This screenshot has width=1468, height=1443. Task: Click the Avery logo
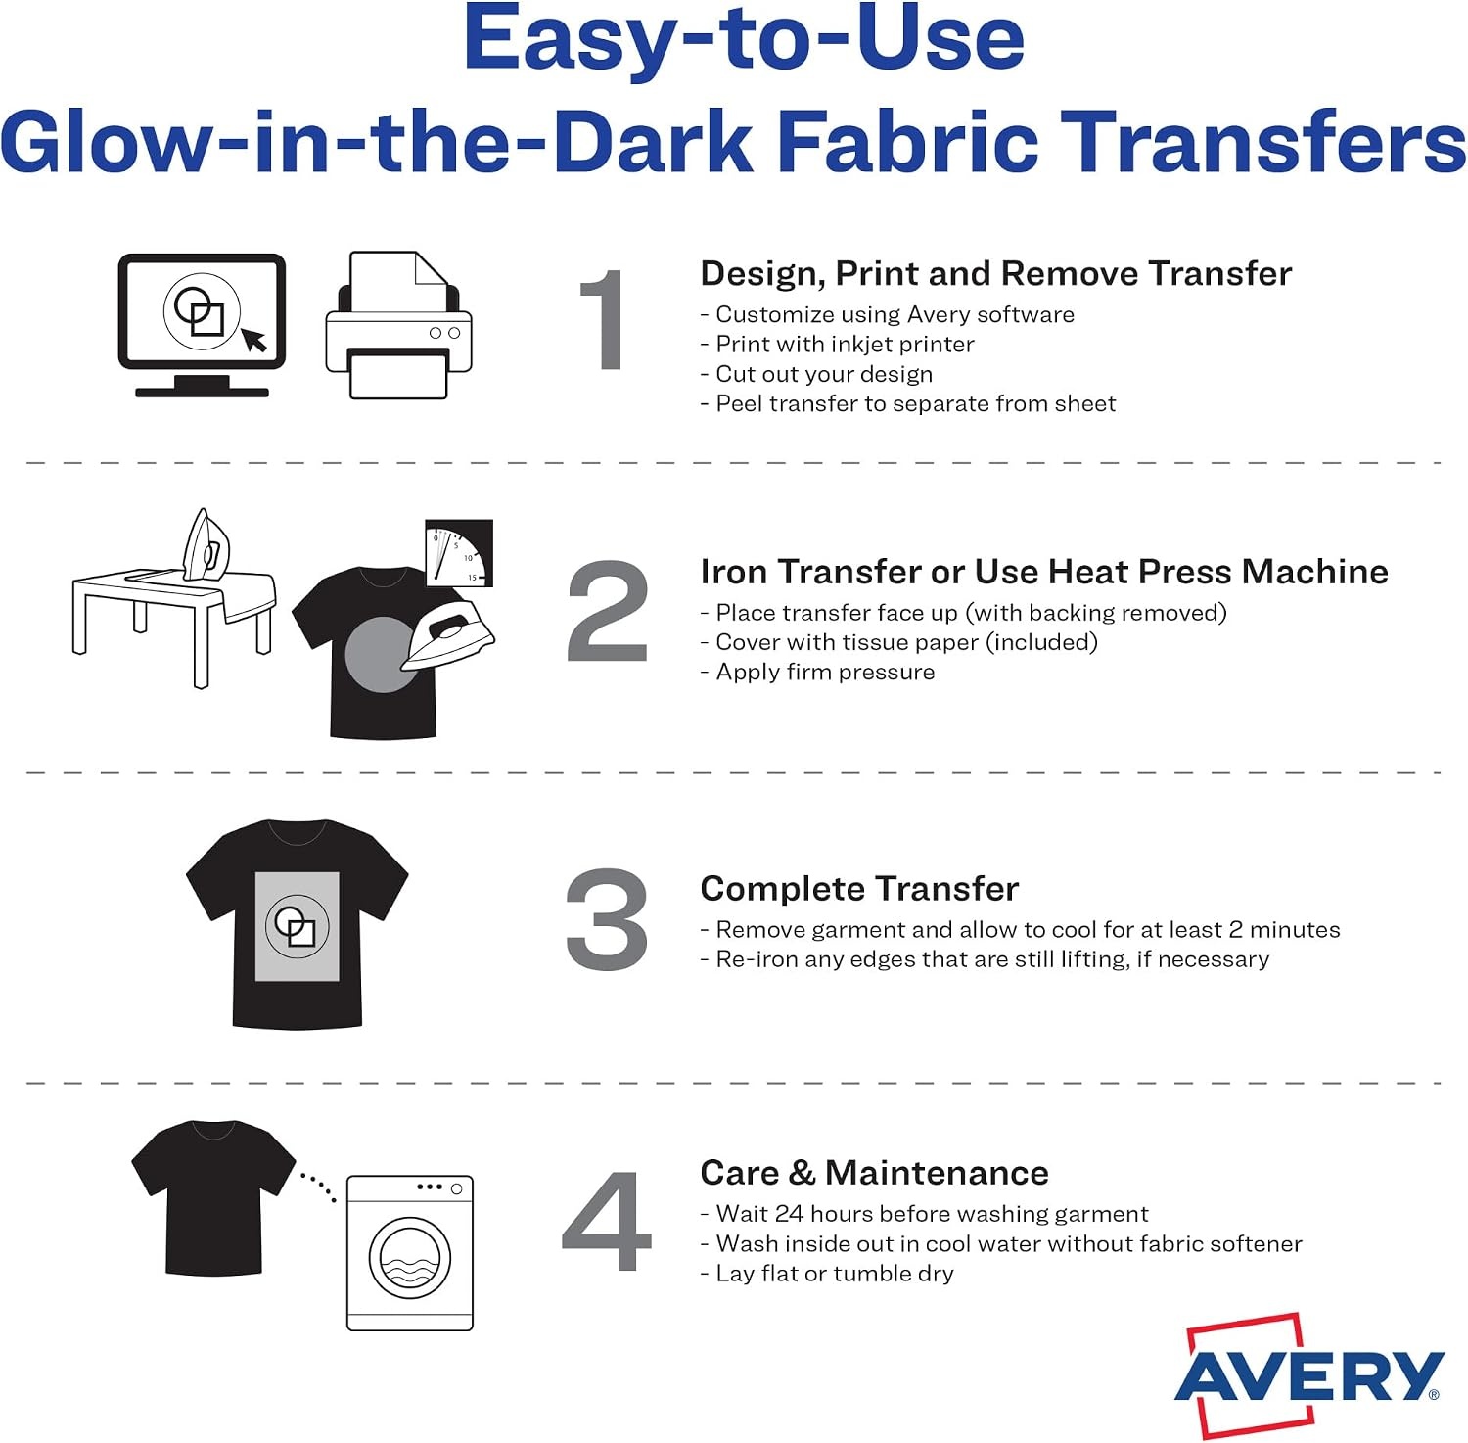(x=1309, y=1374)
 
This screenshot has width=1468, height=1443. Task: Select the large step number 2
(x=607, y=611)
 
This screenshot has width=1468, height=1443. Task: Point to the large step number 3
(x=607, y=919)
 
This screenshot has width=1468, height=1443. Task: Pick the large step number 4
(x=607, y=1221)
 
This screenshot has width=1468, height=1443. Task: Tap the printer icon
(x=398, y=325)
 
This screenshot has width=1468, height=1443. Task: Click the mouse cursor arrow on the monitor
(x=254, y=339)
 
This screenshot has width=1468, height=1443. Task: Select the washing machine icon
(x=410, y=1253)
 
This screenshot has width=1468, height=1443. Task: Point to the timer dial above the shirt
(x=459, y=553)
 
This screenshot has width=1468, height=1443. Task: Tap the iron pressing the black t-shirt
(x=448, y=638)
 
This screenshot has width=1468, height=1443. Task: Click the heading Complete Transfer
(x=859, y=888)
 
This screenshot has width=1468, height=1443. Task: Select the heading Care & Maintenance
(x=874, y=1172)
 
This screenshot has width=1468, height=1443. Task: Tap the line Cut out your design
(x=817, y=374)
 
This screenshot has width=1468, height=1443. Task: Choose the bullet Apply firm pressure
(x=818, y=673)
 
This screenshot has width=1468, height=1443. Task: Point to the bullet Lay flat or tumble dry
(x=827, y=1273)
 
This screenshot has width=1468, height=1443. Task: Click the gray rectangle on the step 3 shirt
(x=298, y=926)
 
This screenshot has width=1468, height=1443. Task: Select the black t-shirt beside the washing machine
(x=213, y=1197)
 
